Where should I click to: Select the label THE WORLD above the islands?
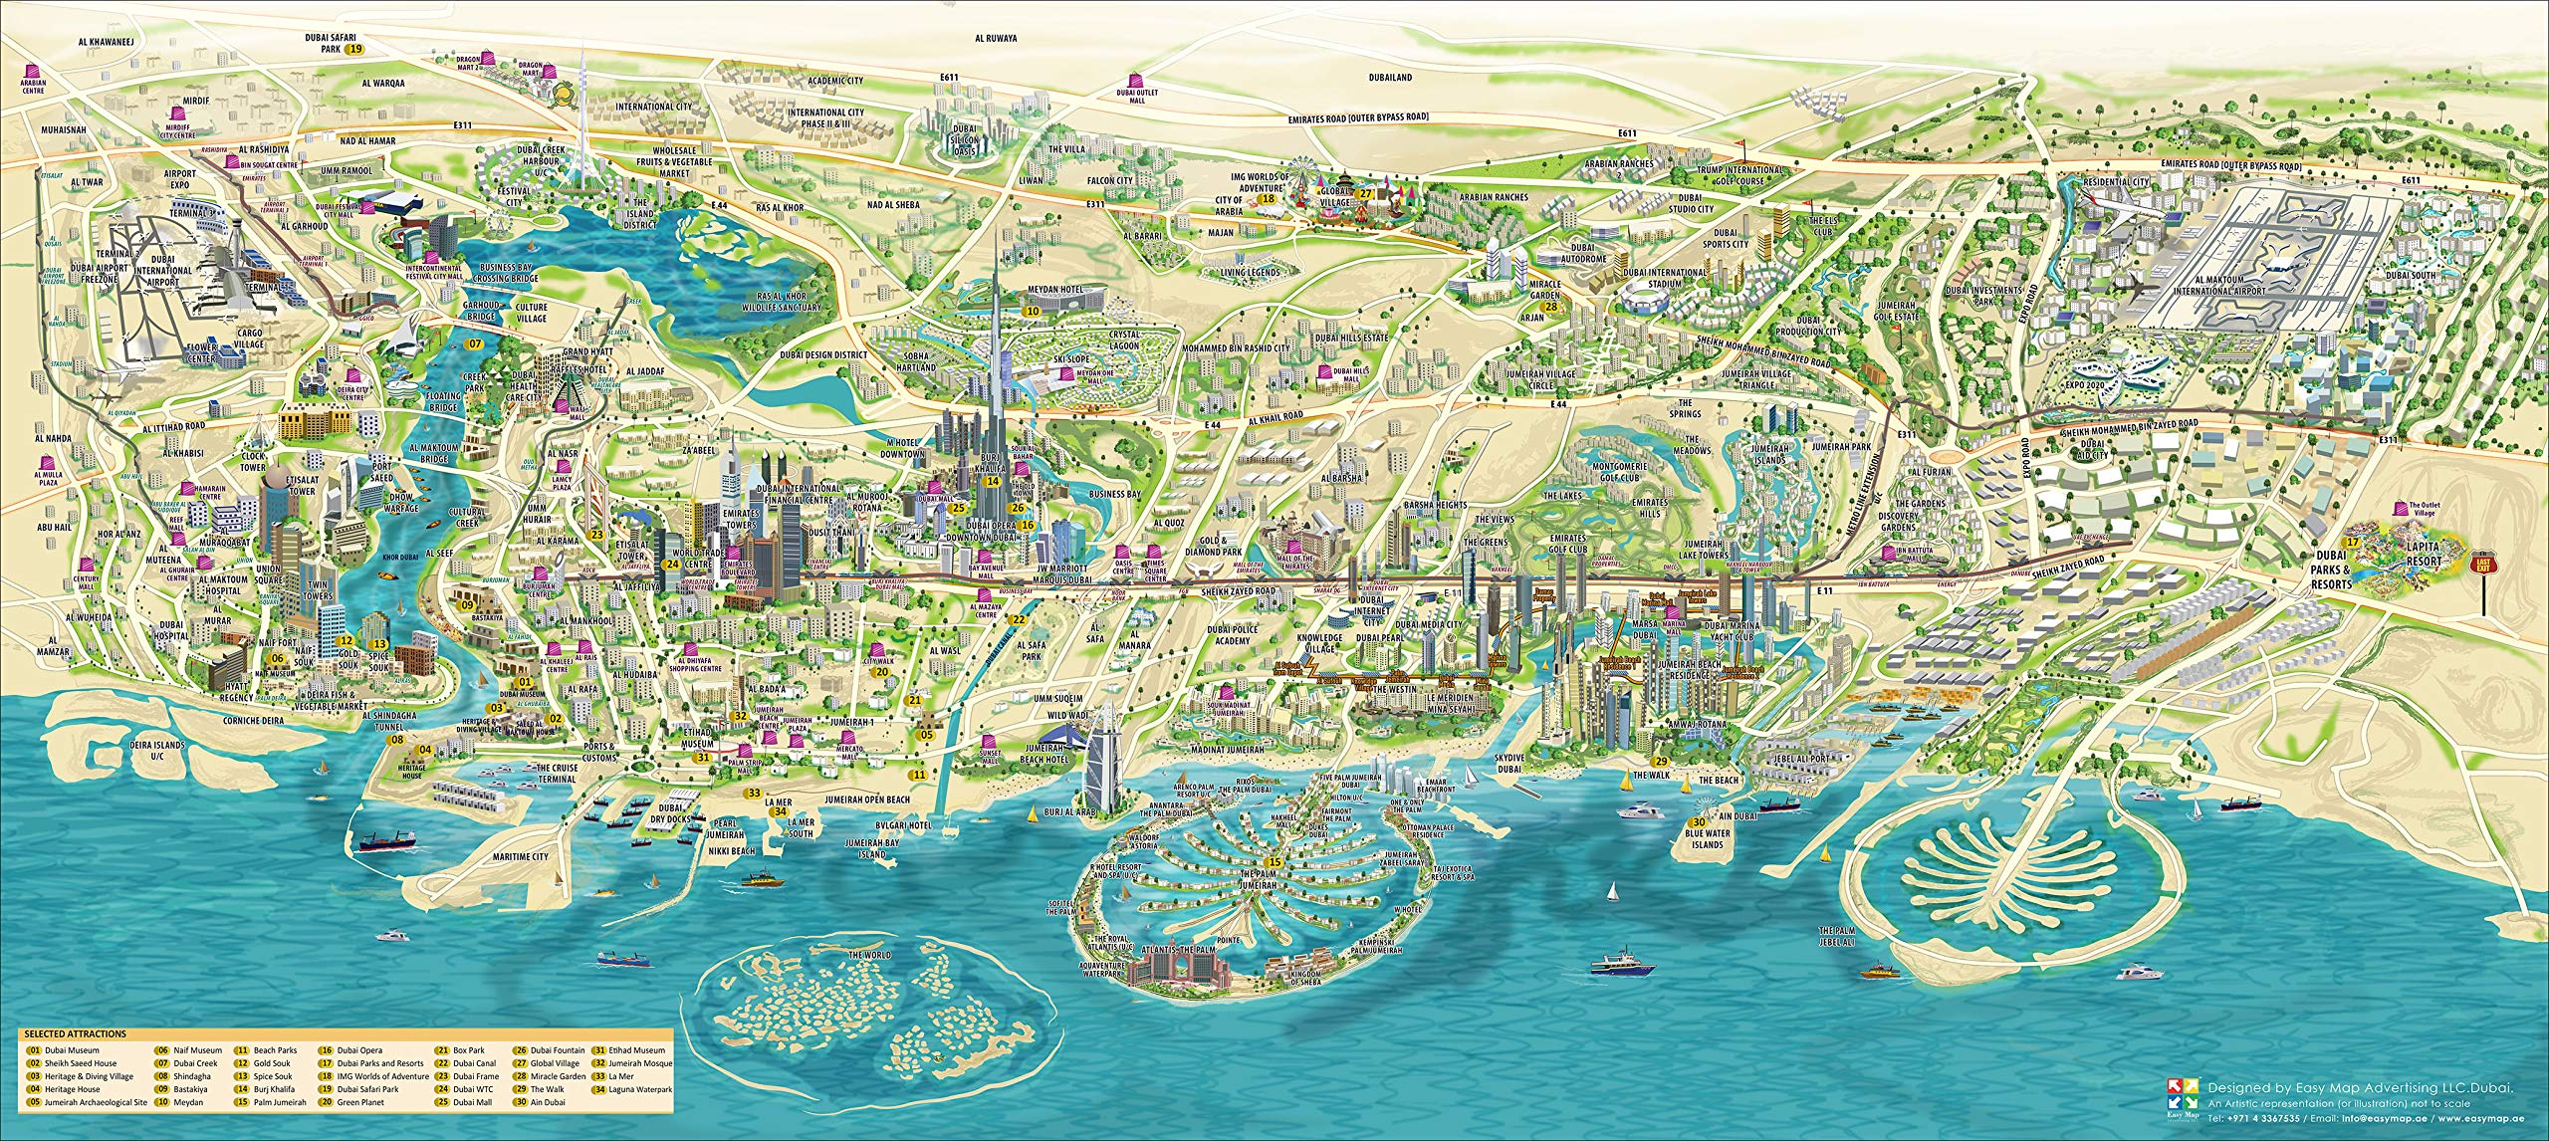[x=866, y=956]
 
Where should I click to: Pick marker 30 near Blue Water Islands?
[x=1690, y=821]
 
